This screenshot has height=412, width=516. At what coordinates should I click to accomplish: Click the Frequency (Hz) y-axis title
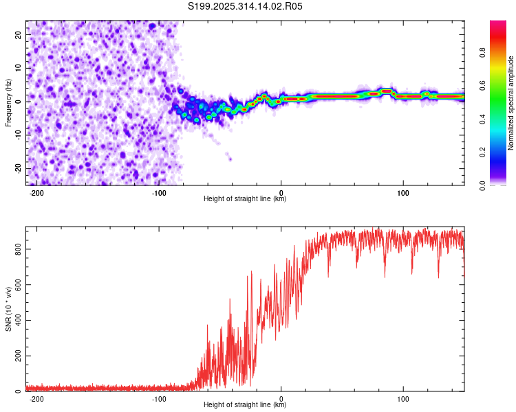8,102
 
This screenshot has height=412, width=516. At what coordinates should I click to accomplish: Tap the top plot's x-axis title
245,199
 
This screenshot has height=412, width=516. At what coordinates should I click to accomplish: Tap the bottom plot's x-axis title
245,404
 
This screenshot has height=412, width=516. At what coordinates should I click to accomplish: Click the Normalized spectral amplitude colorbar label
511,103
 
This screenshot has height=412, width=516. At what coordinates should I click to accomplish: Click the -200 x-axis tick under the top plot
37,192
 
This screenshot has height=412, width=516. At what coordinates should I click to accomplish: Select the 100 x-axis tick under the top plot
403,192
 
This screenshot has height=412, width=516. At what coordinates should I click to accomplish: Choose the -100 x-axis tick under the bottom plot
159,398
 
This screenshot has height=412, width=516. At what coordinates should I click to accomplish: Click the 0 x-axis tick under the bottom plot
281,398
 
